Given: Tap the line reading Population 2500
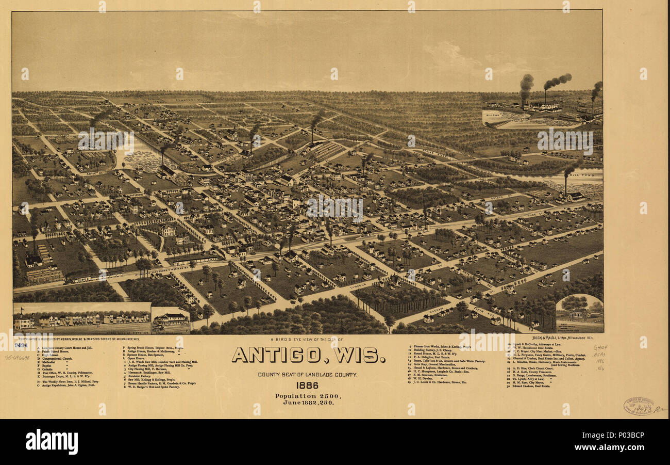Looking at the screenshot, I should coord(308,395).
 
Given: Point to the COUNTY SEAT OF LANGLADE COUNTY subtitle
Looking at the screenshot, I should coord(307,374).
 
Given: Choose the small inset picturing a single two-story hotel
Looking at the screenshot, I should coord(171,319).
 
